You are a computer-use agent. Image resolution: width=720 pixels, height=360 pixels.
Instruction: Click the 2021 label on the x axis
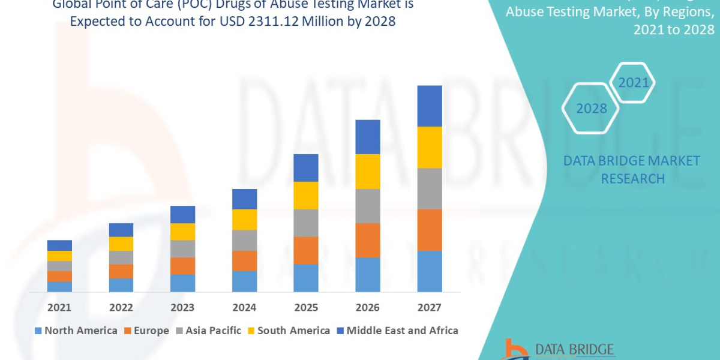[x=59, y=307]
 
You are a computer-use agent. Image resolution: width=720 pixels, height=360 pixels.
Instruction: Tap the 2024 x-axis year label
[x=244, y=307]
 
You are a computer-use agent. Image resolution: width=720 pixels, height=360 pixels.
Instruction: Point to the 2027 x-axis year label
[x=429, y=307]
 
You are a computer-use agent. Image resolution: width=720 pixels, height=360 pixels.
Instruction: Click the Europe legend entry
[x=147, y=331]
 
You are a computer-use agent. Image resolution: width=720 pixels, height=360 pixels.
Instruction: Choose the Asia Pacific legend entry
[x=208, y=331]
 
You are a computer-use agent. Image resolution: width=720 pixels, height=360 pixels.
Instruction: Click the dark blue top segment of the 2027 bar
[x=430, y=106]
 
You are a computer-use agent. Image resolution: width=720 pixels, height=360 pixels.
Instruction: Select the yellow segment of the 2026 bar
[x=368, y=172]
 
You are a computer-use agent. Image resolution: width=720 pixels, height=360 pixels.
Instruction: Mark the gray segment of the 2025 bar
[x=306, y=223]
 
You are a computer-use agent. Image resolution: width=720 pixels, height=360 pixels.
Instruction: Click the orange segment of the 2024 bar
[x=244, y=260]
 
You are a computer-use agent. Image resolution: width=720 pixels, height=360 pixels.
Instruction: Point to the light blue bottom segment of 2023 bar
[x=182, y=283]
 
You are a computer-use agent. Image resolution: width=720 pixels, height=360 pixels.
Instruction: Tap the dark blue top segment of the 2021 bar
[x=59, y=245]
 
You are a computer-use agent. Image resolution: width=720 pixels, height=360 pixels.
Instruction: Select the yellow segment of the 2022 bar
[x=121, y=244]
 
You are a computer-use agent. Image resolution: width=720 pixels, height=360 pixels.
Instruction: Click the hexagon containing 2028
[x=592, y=109]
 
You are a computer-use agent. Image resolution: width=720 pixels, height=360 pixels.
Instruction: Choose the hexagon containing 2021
[x=634, y=83]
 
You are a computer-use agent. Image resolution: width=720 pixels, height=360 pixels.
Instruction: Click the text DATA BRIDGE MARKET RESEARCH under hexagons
[x=632, y=170]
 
